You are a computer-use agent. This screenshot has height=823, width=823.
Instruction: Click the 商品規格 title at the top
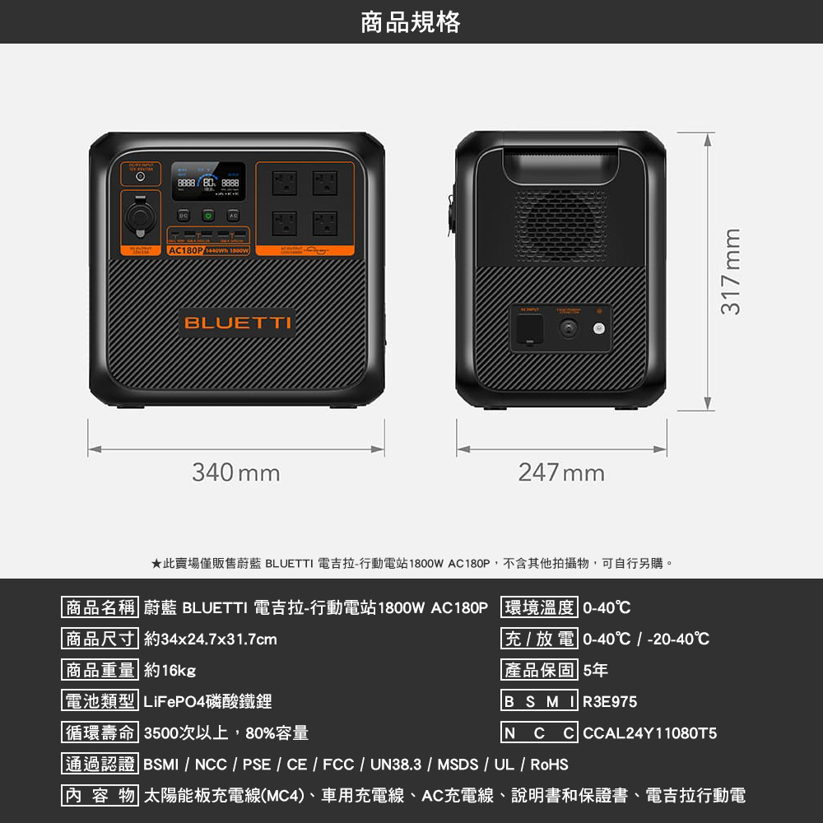coord(411,22)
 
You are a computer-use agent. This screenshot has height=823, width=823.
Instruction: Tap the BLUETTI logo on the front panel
coord(237,322)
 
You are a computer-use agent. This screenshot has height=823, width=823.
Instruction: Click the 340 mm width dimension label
coord(236,473)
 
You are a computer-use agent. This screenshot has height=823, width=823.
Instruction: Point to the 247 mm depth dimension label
coord(561,473)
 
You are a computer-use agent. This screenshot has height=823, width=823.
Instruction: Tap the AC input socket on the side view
coord(528,329)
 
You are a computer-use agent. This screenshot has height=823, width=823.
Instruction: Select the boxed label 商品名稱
coord(100,608)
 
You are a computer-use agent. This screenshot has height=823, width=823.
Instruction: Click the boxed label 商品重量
coord(100,671)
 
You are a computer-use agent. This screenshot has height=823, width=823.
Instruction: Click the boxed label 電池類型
coord(100,702)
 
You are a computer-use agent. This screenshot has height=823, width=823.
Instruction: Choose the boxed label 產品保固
coord(539,671)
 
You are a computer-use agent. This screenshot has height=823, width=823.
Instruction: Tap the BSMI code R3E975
coord(610,702)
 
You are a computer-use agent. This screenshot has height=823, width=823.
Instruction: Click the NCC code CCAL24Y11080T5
coord(649,733)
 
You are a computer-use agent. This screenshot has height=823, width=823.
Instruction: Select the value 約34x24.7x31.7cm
coord(210,639)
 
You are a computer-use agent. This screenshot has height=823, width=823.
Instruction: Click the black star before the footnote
coord(156,564)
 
